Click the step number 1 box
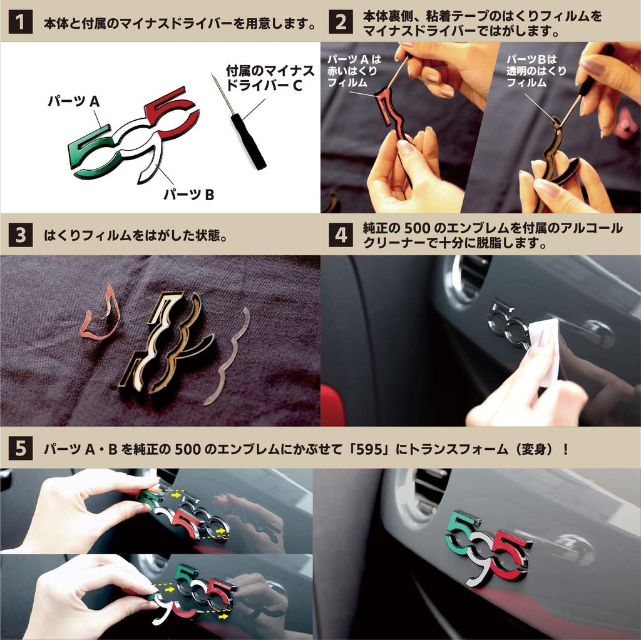[x=20, y=22]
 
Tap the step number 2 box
[x=341, y=22]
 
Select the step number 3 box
[x=20, y=235]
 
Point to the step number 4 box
[x=341, y=235]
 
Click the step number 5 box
[x=20, y=449]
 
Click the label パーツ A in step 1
[x=74, y=101]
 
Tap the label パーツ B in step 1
[x=189, y=195]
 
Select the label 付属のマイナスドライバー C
[x=270, y=78]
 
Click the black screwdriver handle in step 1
[x=248, y=141]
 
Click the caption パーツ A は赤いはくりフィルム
[x=353, y=71]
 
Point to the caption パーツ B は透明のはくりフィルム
[x=536, y=71]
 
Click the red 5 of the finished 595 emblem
[x=509, y=556]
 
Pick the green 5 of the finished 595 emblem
[x=464, y=531]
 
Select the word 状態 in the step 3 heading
[x=207, y=235]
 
